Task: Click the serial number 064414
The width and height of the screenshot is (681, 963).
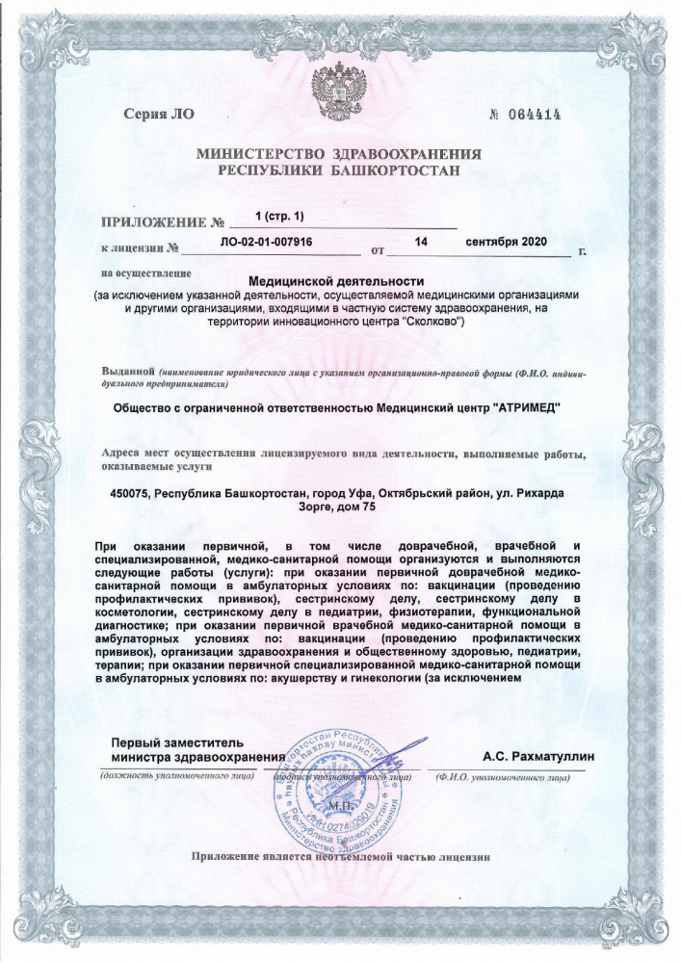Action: pos(533,115)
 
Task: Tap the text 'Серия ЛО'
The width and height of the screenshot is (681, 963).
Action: pos(159,115)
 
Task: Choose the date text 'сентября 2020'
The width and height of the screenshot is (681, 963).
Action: pos(505,240)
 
